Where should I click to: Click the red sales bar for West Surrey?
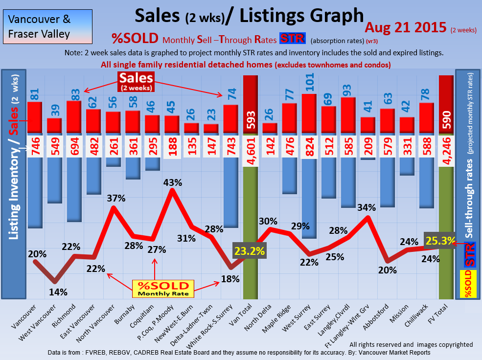(x=309, y=113)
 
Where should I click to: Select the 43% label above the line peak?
(x=172, y=182)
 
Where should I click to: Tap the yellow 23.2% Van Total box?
(x=250, y=251)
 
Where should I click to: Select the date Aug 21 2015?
(x=406, y=27)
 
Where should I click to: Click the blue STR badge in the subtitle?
(x=292, y=39)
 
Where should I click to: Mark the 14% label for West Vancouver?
(x=58, y=292)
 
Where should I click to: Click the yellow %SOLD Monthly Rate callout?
(x=163, y=289)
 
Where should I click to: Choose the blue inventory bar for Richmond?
(x=74, y=188)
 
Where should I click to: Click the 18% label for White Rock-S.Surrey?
(x=230, y=279)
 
